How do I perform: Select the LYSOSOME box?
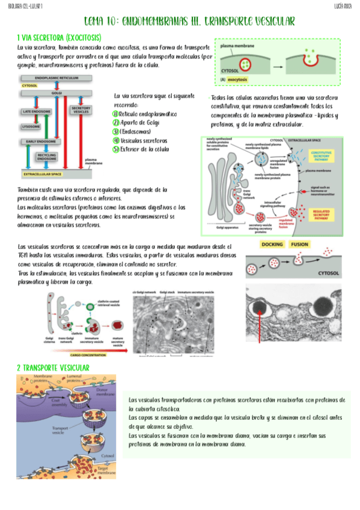[x=32, y=127]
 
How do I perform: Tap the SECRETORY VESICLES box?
[x=80, y=110]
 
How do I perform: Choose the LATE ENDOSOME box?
[x=35, y=112]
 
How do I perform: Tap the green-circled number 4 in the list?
[x=116, y=140]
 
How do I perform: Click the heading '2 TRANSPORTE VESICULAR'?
[x=53, y=367]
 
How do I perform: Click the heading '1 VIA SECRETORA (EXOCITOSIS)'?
[x=63, y=37]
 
